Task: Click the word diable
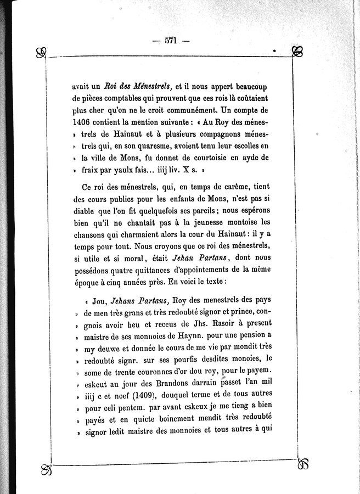[83, 211]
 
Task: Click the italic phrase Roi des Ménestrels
[138, 86]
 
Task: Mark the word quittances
[163, 271]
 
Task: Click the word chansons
[88, 235]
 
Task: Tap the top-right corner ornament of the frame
[298, 53]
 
